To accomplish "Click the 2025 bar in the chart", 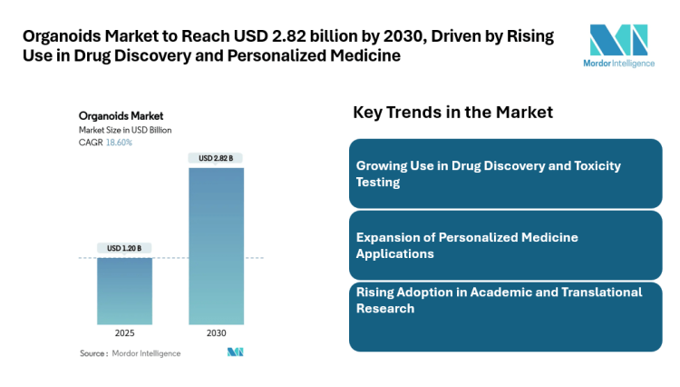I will pyautogui.click(x=125, y=291).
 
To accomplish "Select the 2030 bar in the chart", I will pyautogui.click(x=216, y=245).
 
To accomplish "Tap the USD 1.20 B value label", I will pyautogui.click(x=125, y=248).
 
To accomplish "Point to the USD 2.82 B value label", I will pyautogui.click(x=216, y=158).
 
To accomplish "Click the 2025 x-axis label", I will pyautogui.click(x=125, y=333).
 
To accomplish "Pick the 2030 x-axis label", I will pyautogui.click(x=216, y=333).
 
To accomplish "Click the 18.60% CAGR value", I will pyautogui.click(x=119, y=143).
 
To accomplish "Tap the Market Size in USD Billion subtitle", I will pyautogui.click(x=125, y=130).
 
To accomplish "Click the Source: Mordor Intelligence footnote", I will pyautogui.click(x=130, y=352).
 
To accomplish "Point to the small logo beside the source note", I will pyautogui.click(x=235, y=352).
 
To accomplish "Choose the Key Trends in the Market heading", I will pyautogui.click(x=452, y=112).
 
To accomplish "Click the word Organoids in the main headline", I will pyautogui.click(x=60, y=36).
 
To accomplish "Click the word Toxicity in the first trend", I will pyautogui.click(x=627, y=166).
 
